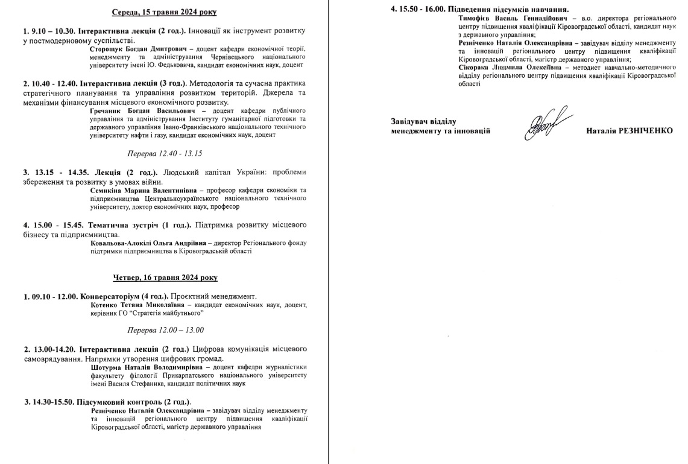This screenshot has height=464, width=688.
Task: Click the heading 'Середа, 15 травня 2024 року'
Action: coord(165,12)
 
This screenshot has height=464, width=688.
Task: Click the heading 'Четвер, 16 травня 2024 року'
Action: coord(165,278)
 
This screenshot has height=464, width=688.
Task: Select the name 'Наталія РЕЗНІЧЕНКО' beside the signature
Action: coord(629,131)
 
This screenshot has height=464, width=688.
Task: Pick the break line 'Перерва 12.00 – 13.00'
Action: coord(165,330)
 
